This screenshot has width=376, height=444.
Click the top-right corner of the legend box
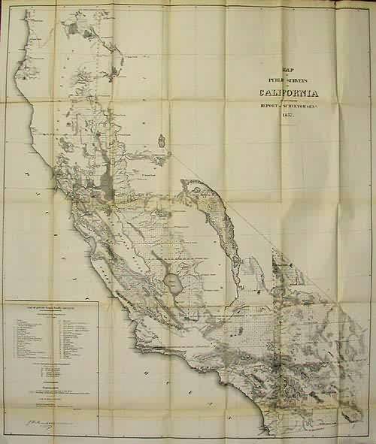tap(99, 302)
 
